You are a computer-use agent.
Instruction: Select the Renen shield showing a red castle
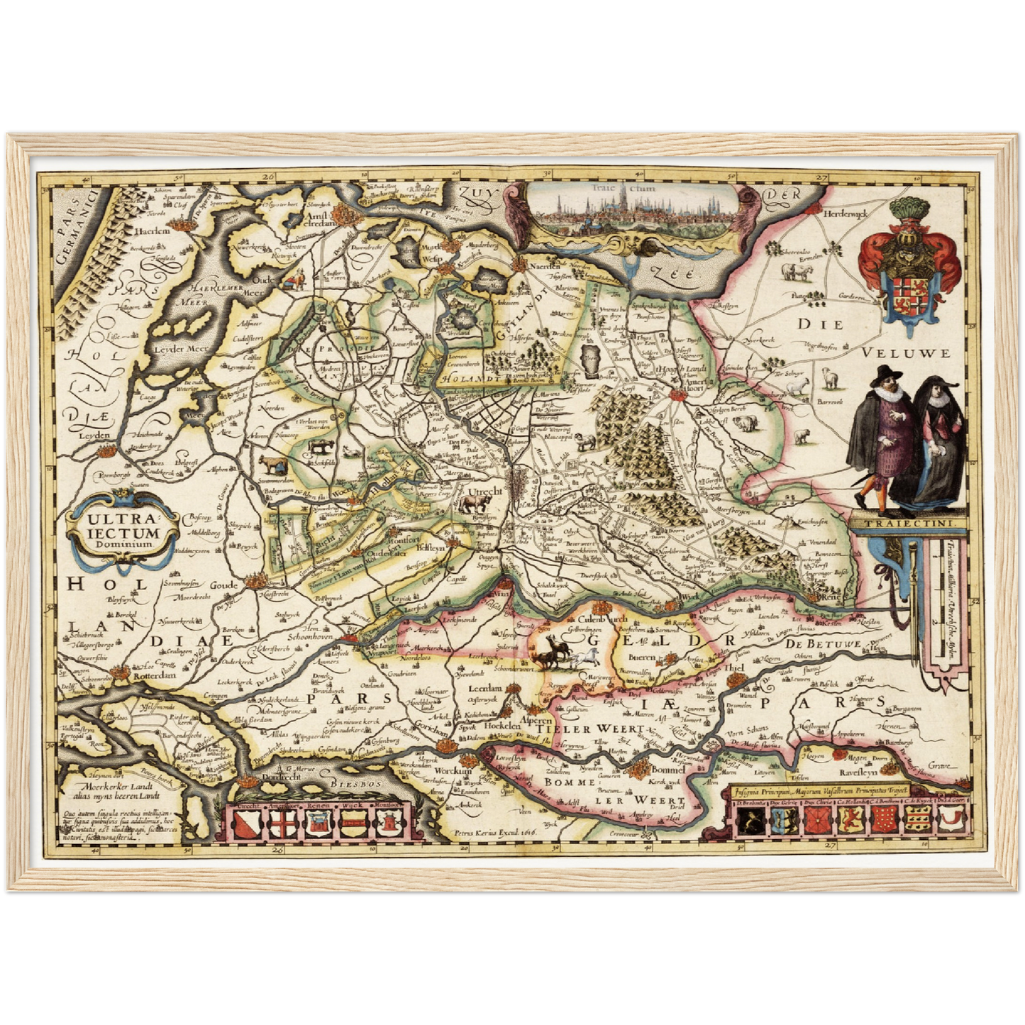[x=317, y=824]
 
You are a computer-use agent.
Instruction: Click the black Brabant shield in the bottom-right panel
[x=746, y=821]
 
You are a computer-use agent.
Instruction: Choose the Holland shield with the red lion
[x=850, y=821]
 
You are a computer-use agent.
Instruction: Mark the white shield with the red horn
[x=948, y=821]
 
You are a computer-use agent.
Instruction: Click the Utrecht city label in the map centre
[x=485, y=491]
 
